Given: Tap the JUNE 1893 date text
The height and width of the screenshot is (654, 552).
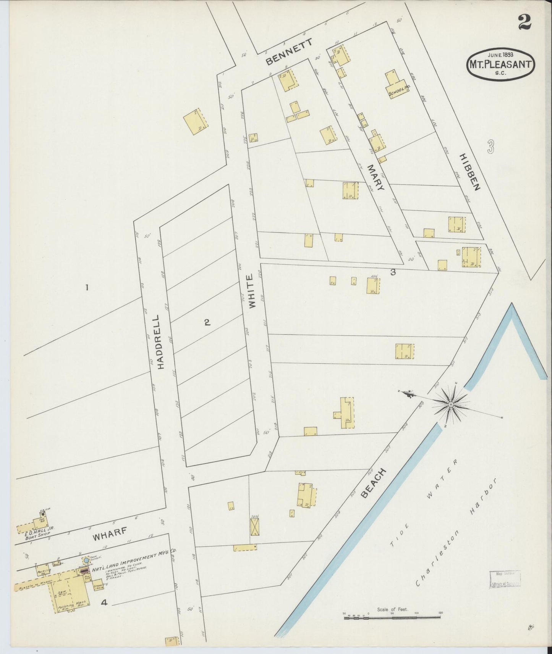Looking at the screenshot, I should (500, 54).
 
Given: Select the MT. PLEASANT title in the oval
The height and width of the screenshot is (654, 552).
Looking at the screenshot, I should (500, 64).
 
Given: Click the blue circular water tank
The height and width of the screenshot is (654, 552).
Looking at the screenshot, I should (86, 561).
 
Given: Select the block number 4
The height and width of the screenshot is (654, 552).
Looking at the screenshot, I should (104, 603).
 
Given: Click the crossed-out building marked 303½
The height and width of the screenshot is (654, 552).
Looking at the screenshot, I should (254, 528).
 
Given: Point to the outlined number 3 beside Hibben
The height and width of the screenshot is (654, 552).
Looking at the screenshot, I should (491, 146).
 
